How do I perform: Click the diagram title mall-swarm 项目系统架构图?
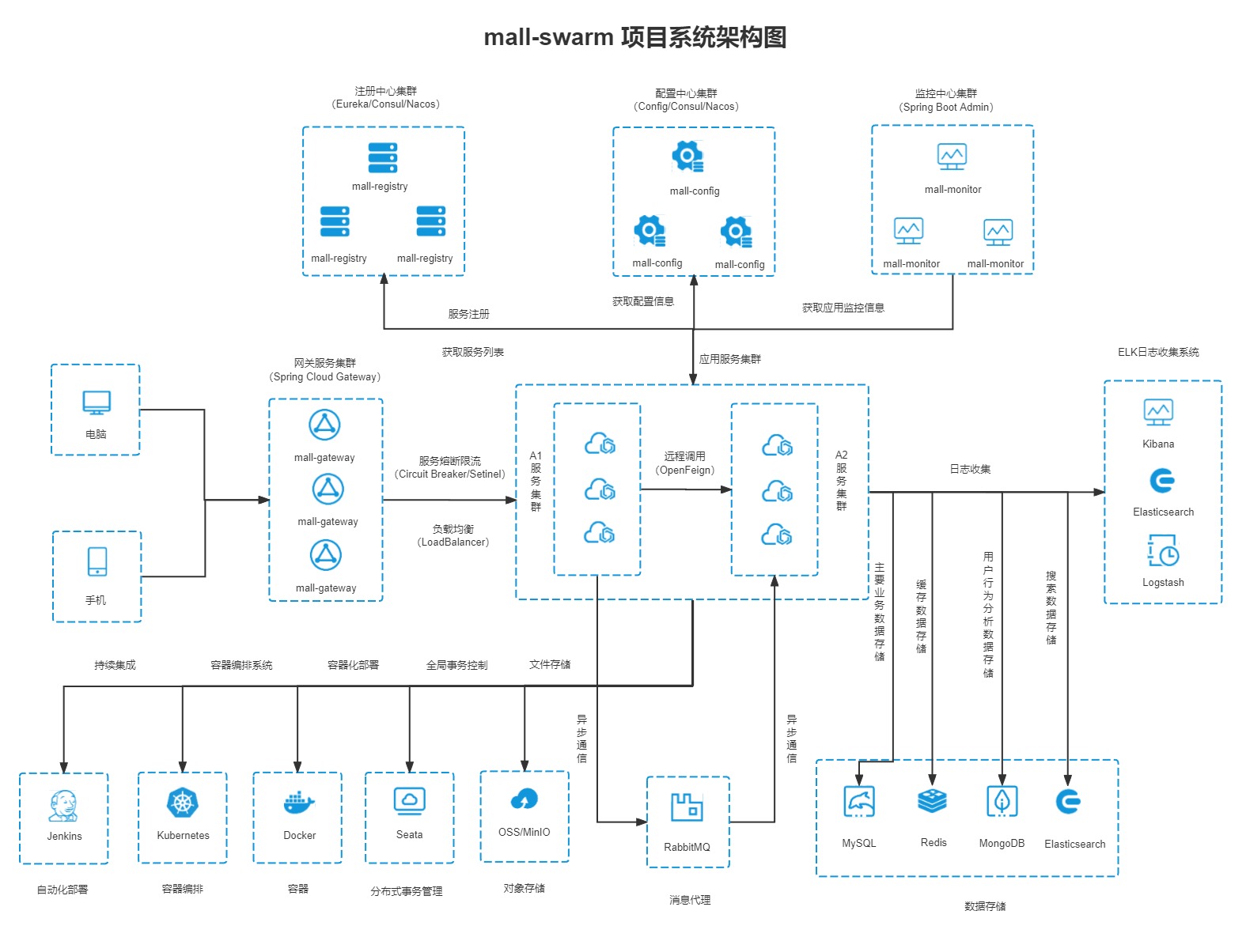point(634,37)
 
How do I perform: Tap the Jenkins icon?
point(63,805)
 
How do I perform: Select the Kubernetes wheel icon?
point(183,803)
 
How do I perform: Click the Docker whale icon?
point(298,803)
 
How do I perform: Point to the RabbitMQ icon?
point(687,807)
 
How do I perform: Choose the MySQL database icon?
point(859,802)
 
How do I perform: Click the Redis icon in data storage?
point(933,801)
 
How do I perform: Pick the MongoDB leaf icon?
point(1002,802)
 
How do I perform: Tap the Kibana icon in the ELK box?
point(1158,412)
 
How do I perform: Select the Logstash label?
point(1163,583)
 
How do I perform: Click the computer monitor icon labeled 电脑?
point(97,402)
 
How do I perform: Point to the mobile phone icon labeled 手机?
point(97,562)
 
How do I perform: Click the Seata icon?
point(409,801)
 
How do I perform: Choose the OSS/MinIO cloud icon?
point(524,800)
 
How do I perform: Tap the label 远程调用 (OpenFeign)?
point(684,463)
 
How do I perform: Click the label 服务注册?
point(468,314)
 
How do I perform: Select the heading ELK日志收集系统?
point(1158,352)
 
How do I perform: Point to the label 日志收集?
point(970,469)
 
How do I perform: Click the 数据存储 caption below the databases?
point(985,906)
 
